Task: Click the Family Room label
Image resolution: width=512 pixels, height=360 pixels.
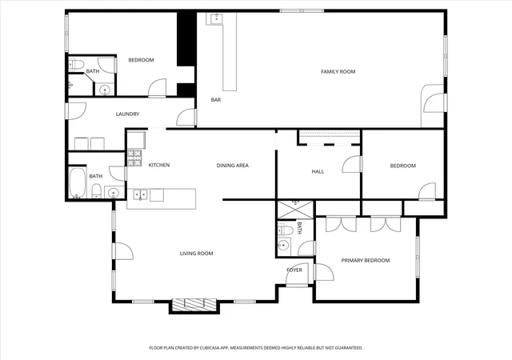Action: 338,71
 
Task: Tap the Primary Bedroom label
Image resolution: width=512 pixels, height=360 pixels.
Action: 366,260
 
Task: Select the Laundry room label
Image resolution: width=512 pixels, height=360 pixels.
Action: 127,114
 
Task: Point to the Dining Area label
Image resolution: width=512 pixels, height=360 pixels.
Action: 233,166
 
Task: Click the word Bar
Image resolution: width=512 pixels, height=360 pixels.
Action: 216,100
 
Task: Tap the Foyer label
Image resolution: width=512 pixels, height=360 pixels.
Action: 294,270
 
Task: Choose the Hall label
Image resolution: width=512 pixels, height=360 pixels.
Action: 318,171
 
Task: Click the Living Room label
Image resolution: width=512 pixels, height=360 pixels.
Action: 196,253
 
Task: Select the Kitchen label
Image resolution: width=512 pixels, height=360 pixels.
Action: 159,165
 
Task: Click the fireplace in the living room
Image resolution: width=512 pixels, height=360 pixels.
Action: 194,304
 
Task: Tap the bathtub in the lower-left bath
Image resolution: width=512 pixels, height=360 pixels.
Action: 78,182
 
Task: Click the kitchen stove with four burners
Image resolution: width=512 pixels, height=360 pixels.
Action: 134,158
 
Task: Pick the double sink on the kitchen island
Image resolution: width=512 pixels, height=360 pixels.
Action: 140,195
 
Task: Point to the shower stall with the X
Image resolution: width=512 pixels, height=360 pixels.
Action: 295,210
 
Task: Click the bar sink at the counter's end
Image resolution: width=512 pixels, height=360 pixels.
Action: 216,18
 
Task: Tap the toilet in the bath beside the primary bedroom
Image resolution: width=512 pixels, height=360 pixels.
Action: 285,230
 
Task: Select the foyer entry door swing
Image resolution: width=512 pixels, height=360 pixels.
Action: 297,274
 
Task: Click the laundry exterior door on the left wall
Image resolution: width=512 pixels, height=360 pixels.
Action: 77,111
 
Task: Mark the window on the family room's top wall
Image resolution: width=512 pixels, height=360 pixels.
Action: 302,10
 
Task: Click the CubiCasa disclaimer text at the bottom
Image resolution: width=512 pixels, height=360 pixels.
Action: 256,348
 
